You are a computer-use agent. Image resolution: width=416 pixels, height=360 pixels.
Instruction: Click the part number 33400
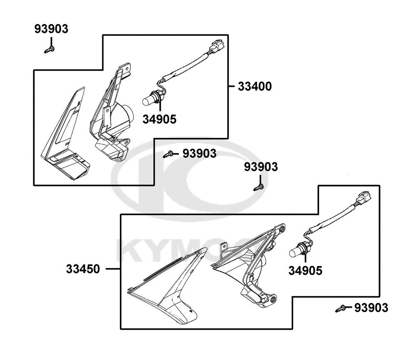255,86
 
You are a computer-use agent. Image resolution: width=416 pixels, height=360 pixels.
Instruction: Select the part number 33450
83,269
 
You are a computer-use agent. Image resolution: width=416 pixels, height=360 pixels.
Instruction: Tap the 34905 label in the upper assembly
159,119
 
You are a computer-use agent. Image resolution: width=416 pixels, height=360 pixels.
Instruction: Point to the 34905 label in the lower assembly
305,271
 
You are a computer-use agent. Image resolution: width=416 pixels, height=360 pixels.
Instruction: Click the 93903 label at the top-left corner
51,29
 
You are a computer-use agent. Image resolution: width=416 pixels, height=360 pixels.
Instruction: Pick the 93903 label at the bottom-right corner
371,308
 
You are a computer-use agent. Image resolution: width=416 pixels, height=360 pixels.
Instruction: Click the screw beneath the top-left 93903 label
50,49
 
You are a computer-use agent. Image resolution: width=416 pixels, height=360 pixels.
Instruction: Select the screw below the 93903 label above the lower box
259,187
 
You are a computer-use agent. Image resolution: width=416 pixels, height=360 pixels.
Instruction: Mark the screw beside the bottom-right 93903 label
341,309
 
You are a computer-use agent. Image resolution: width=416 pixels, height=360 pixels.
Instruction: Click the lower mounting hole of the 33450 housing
273,300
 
